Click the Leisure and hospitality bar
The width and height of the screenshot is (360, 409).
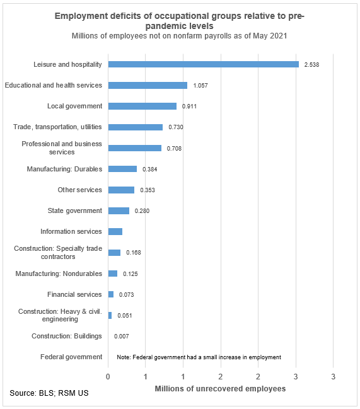203,64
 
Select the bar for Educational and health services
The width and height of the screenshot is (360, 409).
148,85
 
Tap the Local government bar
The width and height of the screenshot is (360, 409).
142,106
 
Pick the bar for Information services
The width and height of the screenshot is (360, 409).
115,232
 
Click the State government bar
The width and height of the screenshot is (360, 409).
119,210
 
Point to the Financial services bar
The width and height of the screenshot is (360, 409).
111,294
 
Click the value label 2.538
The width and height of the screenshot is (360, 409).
311,64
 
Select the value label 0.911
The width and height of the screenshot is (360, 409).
190,107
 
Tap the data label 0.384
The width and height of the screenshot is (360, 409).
150,169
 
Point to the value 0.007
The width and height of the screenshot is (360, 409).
122,337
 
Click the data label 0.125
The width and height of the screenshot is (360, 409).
131,274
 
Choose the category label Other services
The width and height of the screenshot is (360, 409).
79,190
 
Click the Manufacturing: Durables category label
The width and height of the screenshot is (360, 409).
64,169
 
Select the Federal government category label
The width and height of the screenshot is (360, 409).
71,357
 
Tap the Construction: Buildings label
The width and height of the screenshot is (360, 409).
67,337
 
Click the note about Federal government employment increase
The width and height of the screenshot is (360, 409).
199,357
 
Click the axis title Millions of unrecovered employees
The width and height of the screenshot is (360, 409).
220,389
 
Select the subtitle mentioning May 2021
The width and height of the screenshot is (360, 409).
180,36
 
